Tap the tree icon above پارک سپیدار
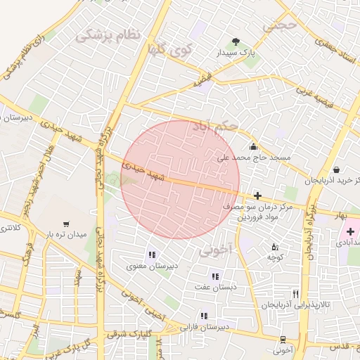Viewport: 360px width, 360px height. tap(236, 41)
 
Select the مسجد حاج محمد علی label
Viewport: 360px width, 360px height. tap(253, 158)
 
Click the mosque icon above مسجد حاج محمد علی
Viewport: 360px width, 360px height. tap(253, 146)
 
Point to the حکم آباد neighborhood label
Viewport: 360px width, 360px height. tap(219, 129)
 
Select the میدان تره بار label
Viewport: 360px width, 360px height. tap(66, 233)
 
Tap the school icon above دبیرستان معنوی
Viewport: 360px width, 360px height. tap(151, 255)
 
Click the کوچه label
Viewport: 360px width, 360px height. tap(274, 257)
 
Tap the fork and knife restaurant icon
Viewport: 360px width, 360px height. tap(295, 294)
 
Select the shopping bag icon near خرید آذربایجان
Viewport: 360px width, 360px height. tap(337, 169)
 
